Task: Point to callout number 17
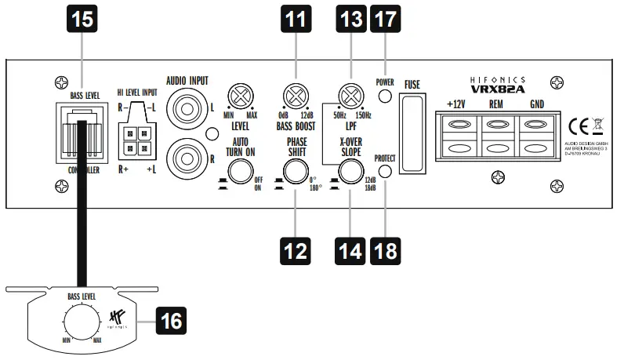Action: [x=384, y=19]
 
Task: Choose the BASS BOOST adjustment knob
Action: [x=296, y=97]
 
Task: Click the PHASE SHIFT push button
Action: [x=296, y=173]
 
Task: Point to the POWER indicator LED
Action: [x=384, y=97]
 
